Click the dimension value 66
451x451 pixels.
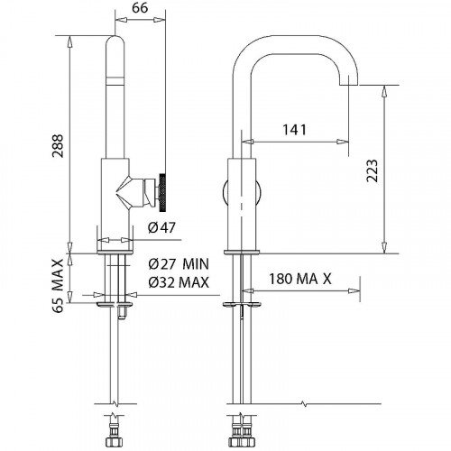pyautogui.click(x=140, y=8)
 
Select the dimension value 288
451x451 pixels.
pyautogui.click(x=57, y=146)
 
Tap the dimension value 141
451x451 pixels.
pyautogui.click(x=294, y=130)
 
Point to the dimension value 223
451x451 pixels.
pyautogui.click(x=373, y=170)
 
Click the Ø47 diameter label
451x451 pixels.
pyautogui.click(x=161, y=227)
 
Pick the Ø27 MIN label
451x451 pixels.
pyautogui.click(x=179, y=264)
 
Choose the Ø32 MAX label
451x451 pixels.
pyautogui.click(x=179, y=282)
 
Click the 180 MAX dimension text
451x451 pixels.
pyautogui.click(x=299, y=279)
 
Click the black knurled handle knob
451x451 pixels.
pyautogui.click(x=162, y=192)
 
